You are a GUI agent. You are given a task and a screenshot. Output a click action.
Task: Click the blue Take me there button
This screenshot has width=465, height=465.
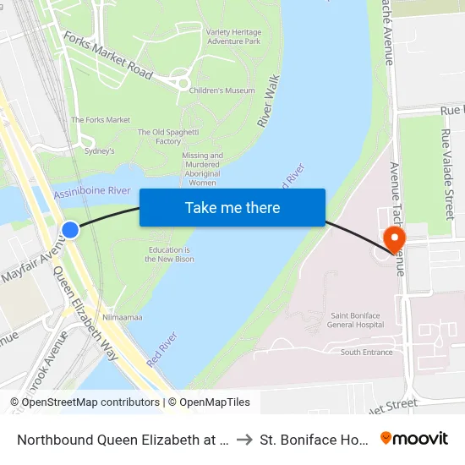click(232, 208)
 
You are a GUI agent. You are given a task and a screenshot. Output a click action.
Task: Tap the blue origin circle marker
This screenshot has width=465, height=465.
click(70, 229)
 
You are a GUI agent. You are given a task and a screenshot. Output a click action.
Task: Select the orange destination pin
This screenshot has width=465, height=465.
click(394, 238)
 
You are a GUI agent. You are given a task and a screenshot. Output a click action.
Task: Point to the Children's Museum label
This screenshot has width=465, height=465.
click(222, 90)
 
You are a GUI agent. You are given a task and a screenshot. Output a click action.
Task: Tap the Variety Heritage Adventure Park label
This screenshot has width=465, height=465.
click(233, 36)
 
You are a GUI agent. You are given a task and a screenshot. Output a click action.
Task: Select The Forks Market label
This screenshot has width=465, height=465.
click(101, 120)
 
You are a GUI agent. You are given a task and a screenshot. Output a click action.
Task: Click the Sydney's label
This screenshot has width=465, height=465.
click(100, 150)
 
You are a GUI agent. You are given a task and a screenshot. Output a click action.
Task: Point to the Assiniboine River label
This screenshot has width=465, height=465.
click(92, 193)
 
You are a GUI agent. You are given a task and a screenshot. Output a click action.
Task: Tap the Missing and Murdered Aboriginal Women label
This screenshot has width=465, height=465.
click(202, 169)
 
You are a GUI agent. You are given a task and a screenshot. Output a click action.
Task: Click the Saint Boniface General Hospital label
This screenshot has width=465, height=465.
click(356, 320)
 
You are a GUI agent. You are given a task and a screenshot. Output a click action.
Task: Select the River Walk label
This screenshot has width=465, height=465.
click(269, 102)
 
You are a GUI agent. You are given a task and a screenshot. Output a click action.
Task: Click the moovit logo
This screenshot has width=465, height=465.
click(414, 439)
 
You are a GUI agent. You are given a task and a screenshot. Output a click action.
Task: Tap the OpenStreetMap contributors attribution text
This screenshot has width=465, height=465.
click(85, 402)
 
